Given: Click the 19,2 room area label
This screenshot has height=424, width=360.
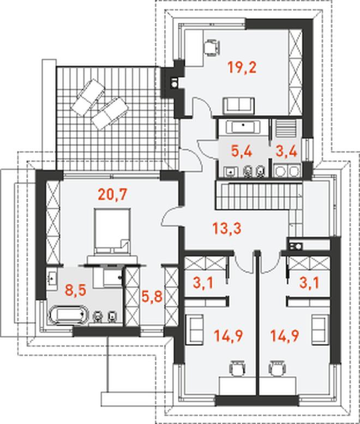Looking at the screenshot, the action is coord(242,68).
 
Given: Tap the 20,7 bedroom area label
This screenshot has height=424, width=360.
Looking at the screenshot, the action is coord(112,195).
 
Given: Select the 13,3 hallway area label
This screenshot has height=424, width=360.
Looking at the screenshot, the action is coord(227,228).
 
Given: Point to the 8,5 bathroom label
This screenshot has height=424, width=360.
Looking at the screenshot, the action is coord(75,290).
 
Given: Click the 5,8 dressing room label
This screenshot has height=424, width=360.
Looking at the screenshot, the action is coord(152,296).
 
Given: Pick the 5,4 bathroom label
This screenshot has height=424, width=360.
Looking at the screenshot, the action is coord(242,151).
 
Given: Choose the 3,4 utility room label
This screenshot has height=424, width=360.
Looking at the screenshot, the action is coord(286,151).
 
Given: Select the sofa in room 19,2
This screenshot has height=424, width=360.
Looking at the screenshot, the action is coord(239,106).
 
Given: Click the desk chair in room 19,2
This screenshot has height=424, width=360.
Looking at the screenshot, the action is coord(212,47).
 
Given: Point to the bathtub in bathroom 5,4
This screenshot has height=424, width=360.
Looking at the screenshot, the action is coord(243,126).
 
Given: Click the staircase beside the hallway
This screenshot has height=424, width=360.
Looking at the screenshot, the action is coord(259,196).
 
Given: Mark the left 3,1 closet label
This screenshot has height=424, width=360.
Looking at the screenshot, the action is coord(203,283).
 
